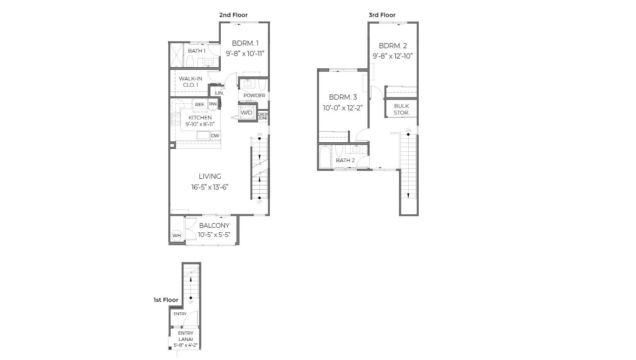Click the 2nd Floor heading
point(234,15)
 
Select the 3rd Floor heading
point(382,15)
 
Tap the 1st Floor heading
point(166,300)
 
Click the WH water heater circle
point(177,235)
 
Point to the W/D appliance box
point(247,113)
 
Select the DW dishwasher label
point(215,136)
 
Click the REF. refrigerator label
point(200,105)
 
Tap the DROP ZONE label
point(263,116)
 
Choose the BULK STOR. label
point(402,109)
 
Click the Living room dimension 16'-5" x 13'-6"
point(210,187)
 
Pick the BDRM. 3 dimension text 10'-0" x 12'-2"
point(343,108)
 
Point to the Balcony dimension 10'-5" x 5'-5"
point(214,235)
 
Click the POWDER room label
point(254,95)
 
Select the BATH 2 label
point(345,161)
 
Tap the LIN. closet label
point(219,93)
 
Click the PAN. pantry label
point(213,104)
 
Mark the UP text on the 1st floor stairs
point(191,302)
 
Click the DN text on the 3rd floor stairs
point(408,131)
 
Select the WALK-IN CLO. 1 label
point(190,82)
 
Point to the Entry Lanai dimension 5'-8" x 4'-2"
point(186,345)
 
